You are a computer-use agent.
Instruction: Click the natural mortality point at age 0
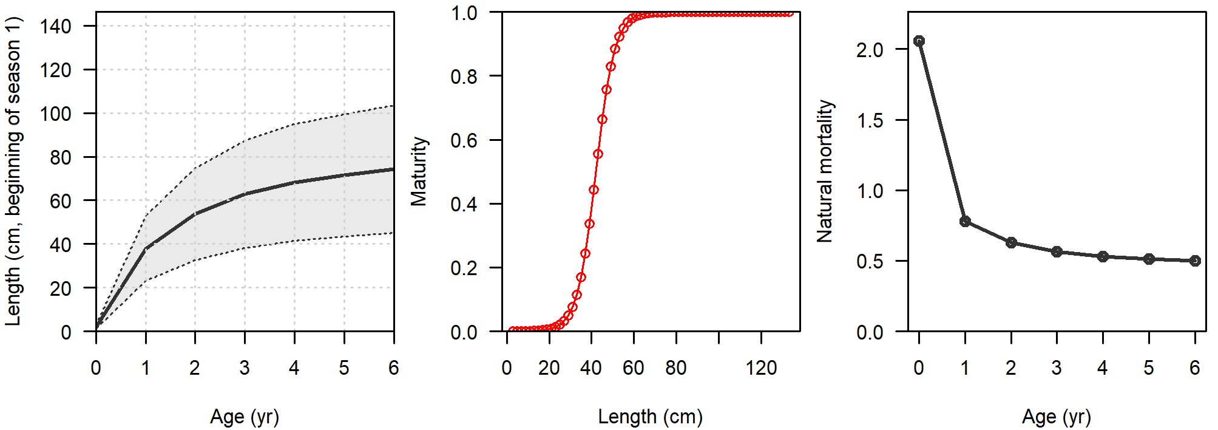[x=919, y=41]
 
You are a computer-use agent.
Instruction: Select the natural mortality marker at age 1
[x=965, y=222]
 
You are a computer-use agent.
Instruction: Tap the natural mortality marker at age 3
[x=1057, y=251]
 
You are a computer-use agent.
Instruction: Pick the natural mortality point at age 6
[x=1194, y=261]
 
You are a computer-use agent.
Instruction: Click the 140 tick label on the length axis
[x=56, y=26]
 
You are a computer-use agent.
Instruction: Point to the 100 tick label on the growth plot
[x=56, y=114]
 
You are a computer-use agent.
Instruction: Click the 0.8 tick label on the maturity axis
[x=464, y=77]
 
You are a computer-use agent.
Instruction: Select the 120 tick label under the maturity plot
[x=761, y=367]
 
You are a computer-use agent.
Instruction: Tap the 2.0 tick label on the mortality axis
[x=870, y=50]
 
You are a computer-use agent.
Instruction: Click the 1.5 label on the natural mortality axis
[x=870, y=120]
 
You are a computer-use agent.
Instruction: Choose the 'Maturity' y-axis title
[x=419, y=171]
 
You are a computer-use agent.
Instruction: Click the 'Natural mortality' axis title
[x=825, y=171]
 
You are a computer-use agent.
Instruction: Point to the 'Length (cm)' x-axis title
[x=650, y=417]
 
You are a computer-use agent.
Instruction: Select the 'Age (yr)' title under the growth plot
[x=245, y=417]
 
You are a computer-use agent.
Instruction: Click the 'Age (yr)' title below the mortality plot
[x=1056, y=417]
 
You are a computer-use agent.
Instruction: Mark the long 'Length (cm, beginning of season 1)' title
[x=13, y=171]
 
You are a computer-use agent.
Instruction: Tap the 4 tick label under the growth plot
[x=294, y=367]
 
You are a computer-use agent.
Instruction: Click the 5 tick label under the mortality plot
[x=1148, y=367]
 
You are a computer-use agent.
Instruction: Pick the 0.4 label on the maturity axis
[x=464, y=204]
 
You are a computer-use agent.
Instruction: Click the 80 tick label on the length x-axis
[x=675, y=367]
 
